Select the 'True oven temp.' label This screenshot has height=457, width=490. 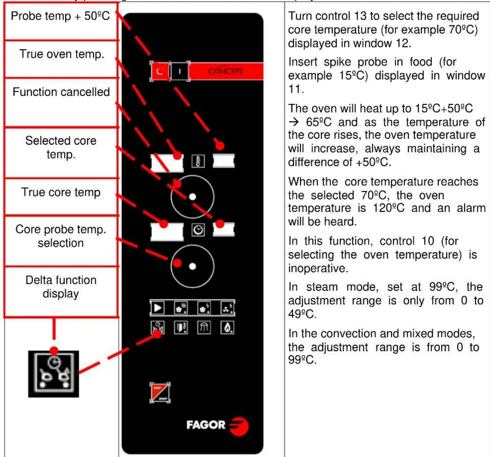[62, 54]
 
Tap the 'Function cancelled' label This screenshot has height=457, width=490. [61, 92]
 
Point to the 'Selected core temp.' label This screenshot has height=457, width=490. [61, 147]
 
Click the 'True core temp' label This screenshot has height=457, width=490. [61, 192]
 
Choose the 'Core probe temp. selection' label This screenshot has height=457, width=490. [61, 236]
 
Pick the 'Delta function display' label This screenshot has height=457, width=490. [61, 287]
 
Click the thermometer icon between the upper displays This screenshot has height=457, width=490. [198, 161]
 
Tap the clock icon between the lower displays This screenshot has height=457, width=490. [198, 230]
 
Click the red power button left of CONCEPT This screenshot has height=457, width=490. [160, 71]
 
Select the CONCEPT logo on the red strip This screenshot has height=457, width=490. [226, 71]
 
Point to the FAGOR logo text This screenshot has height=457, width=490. [206, 425]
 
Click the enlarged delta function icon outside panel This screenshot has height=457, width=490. [54, 374]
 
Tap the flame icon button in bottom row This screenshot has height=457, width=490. [227, 328]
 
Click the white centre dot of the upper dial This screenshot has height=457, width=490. [192, 196]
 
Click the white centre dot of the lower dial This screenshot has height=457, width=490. [192, 266]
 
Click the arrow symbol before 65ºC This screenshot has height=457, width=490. [294, 122]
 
